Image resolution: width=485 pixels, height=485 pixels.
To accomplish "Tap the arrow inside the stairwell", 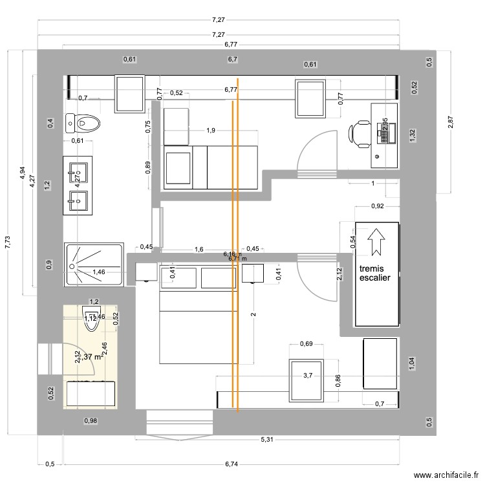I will point(376,241).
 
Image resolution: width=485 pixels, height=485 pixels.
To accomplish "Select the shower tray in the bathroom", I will point(94,264).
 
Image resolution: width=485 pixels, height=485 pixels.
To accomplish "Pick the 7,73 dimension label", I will point(7,242).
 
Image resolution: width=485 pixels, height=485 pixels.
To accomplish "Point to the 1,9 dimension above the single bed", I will point(210,131).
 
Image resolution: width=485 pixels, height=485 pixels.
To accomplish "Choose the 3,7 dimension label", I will point(308,374).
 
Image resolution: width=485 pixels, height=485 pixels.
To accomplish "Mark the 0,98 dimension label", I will point(91,421).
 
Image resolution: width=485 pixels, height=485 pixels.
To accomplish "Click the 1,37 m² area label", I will point(89,356).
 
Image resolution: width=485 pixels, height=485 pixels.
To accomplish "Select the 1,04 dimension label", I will point(412,363).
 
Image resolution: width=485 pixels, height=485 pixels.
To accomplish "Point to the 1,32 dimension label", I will point(412,135).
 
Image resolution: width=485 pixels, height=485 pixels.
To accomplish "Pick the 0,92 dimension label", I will point(377,207).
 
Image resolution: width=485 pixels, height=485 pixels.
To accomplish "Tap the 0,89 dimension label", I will point(147,167).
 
